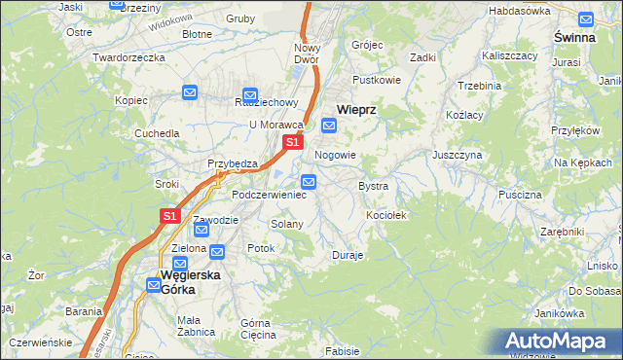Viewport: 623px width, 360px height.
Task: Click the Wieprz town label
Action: (x=356, y=110)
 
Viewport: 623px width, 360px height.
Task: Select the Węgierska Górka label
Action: (x=190, y=281)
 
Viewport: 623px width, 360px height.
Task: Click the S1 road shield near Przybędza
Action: (x=291, y=143)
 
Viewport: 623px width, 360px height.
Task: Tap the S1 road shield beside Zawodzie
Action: (x=169, y=216)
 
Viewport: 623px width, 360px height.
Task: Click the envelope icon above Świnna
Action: (x=586, y=18)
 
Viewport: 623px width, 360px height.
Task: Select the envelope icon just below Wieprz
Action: (x=329, y=126)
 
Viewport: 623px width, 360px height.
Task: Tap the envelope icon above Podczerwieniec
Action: (x=309, y=181)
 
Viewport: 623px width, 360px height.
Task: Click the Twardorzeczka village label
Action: (x=128, y=57)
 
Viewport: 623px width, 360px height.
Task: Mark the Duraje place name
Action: (x=348, y=255)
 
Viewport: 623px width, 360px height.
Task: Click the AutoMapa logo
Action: (x=562, y=342)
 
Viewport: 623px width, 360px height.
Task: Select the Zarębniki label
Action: (x=562, y=232)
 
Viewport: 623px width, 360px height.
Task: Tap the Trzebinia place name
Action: (x=478, y=86)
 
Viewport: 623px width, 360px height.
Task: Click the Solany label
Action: (x=287, y=224)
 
